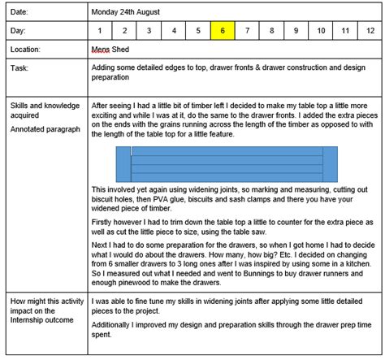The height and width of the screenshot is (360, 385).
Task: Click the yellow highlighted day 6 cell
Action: pyautogui.click(x=223, y=31)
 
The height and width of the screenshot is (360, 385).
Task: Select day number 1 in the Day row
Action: pyautogui.click(x=100, y=31)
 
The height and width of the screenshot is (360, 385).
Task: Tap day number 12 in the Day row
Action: pyautogui.click(x=347, y=31)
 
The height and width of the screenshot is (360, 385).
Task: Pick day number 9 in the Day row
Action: pyautogui.click(x=296, y=31)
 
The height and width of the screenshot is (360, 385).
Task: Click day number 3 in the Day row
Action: pyautogui.click(x=149, y=31)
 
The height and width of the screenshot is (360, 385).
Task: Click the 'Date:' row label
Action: pyautogui.click(x=20, y=12)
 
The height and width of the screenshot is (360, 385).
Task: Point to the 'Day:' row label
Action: pyautogui.click(x=19, y=31)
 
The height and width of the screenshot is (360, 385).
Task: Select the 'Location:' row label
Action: pyautogui.click(x=26, y=50)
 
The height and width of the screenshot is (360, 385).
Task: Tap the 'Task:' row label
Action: pyautogui.click(x=20, y=68)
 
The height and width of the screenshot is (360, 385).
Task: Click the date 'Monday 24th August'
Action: pyautogui.click(x=126, y=12)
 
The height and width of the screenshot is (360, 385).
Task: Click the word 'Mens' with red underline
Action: pyautogui.click(x=101, y=50)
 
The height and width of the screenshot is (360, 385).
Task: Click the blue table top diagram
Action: pyautogui.click(x=227, y=164)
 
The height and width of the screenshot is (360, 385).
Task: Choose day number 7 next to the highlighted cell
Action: pyautogui.click(x=247, y=31)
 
